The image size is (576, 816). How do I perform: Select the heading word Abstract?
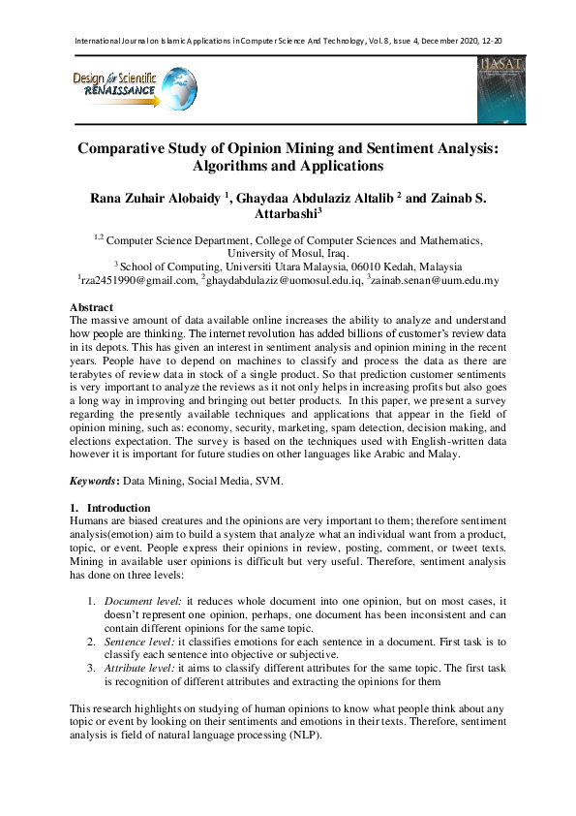click(94, 306)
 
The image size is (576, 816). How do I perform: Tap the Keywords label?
click(93, 481)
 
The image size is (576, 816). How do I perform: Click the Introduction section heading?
click(118, 508)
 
